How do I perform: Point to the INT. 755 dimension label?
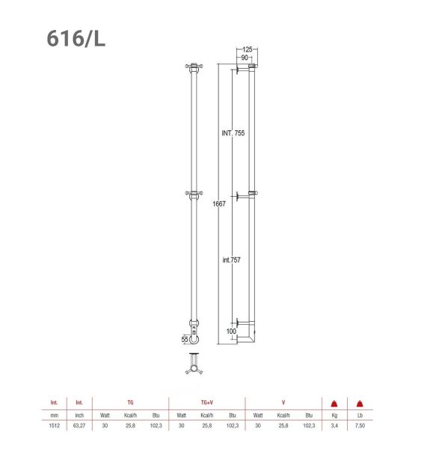234,132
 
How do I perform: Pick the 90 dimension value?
245,58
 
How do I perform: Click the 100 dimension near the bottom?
232,331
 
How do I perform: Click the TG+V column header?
203,403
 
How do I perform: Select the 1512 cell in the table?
54,425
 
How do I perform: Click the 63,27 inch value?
79,425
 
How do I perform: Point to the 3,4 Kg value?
334,425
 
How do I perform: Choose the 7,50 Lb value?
360,425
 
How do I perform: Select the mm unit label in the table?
54,414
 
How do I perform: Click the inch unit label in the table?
79,414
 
